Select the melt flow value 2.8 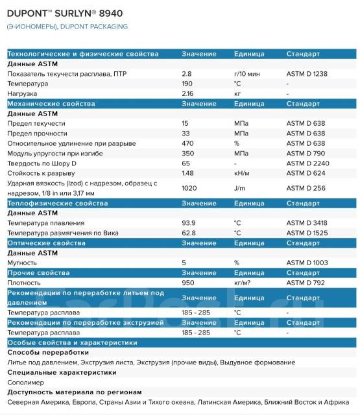187,74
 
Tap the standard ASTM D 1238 307,74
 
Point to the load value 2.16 189,93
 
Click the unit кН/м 243,173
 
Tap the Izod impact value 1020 189,188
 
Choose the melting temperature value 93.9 189,222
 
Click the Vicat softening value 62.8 189,232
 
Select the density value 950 188,283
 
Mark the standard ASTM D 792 305,283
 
